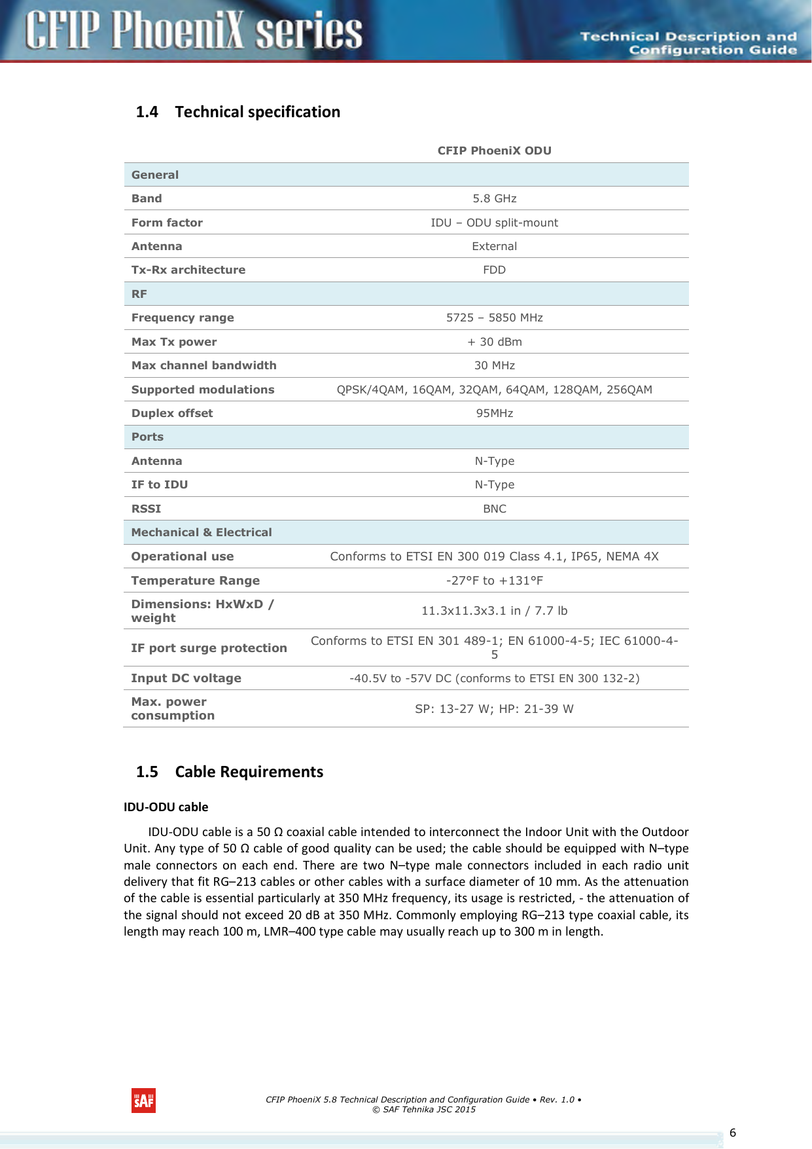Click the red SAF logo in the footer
click(143, 1101)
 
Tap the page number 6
click(733, 1133)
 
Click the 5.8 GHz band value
click(494, 198)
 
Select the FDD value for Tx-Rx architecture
click(494, 270)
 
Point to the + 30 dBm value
click(494, 342)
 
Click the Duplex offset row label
click(172, 413)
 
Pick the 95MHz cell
click(494, 413)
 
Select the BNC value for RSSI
click(494, 509)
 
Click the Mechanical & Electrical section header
click(202, 532)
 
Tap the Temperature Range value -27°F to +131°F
click(494, 581)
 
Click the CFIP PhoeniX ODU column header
click(494, 151)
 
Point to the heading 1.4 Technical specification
click(238, 112)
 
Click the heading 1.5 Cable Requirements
click(230, 772)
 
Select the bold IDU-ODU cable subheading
click(166, 807)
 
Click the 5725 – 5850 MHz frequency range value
click(494, 318)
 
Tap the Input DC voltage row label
click(186, 678)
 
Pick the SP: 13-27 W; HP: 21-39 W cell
click(494, 709)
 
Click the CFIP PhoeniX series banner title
click(194, 31)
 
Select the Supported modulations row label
click(203, 390)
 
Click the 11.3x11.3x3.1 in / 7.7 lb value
click(494, 611)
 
